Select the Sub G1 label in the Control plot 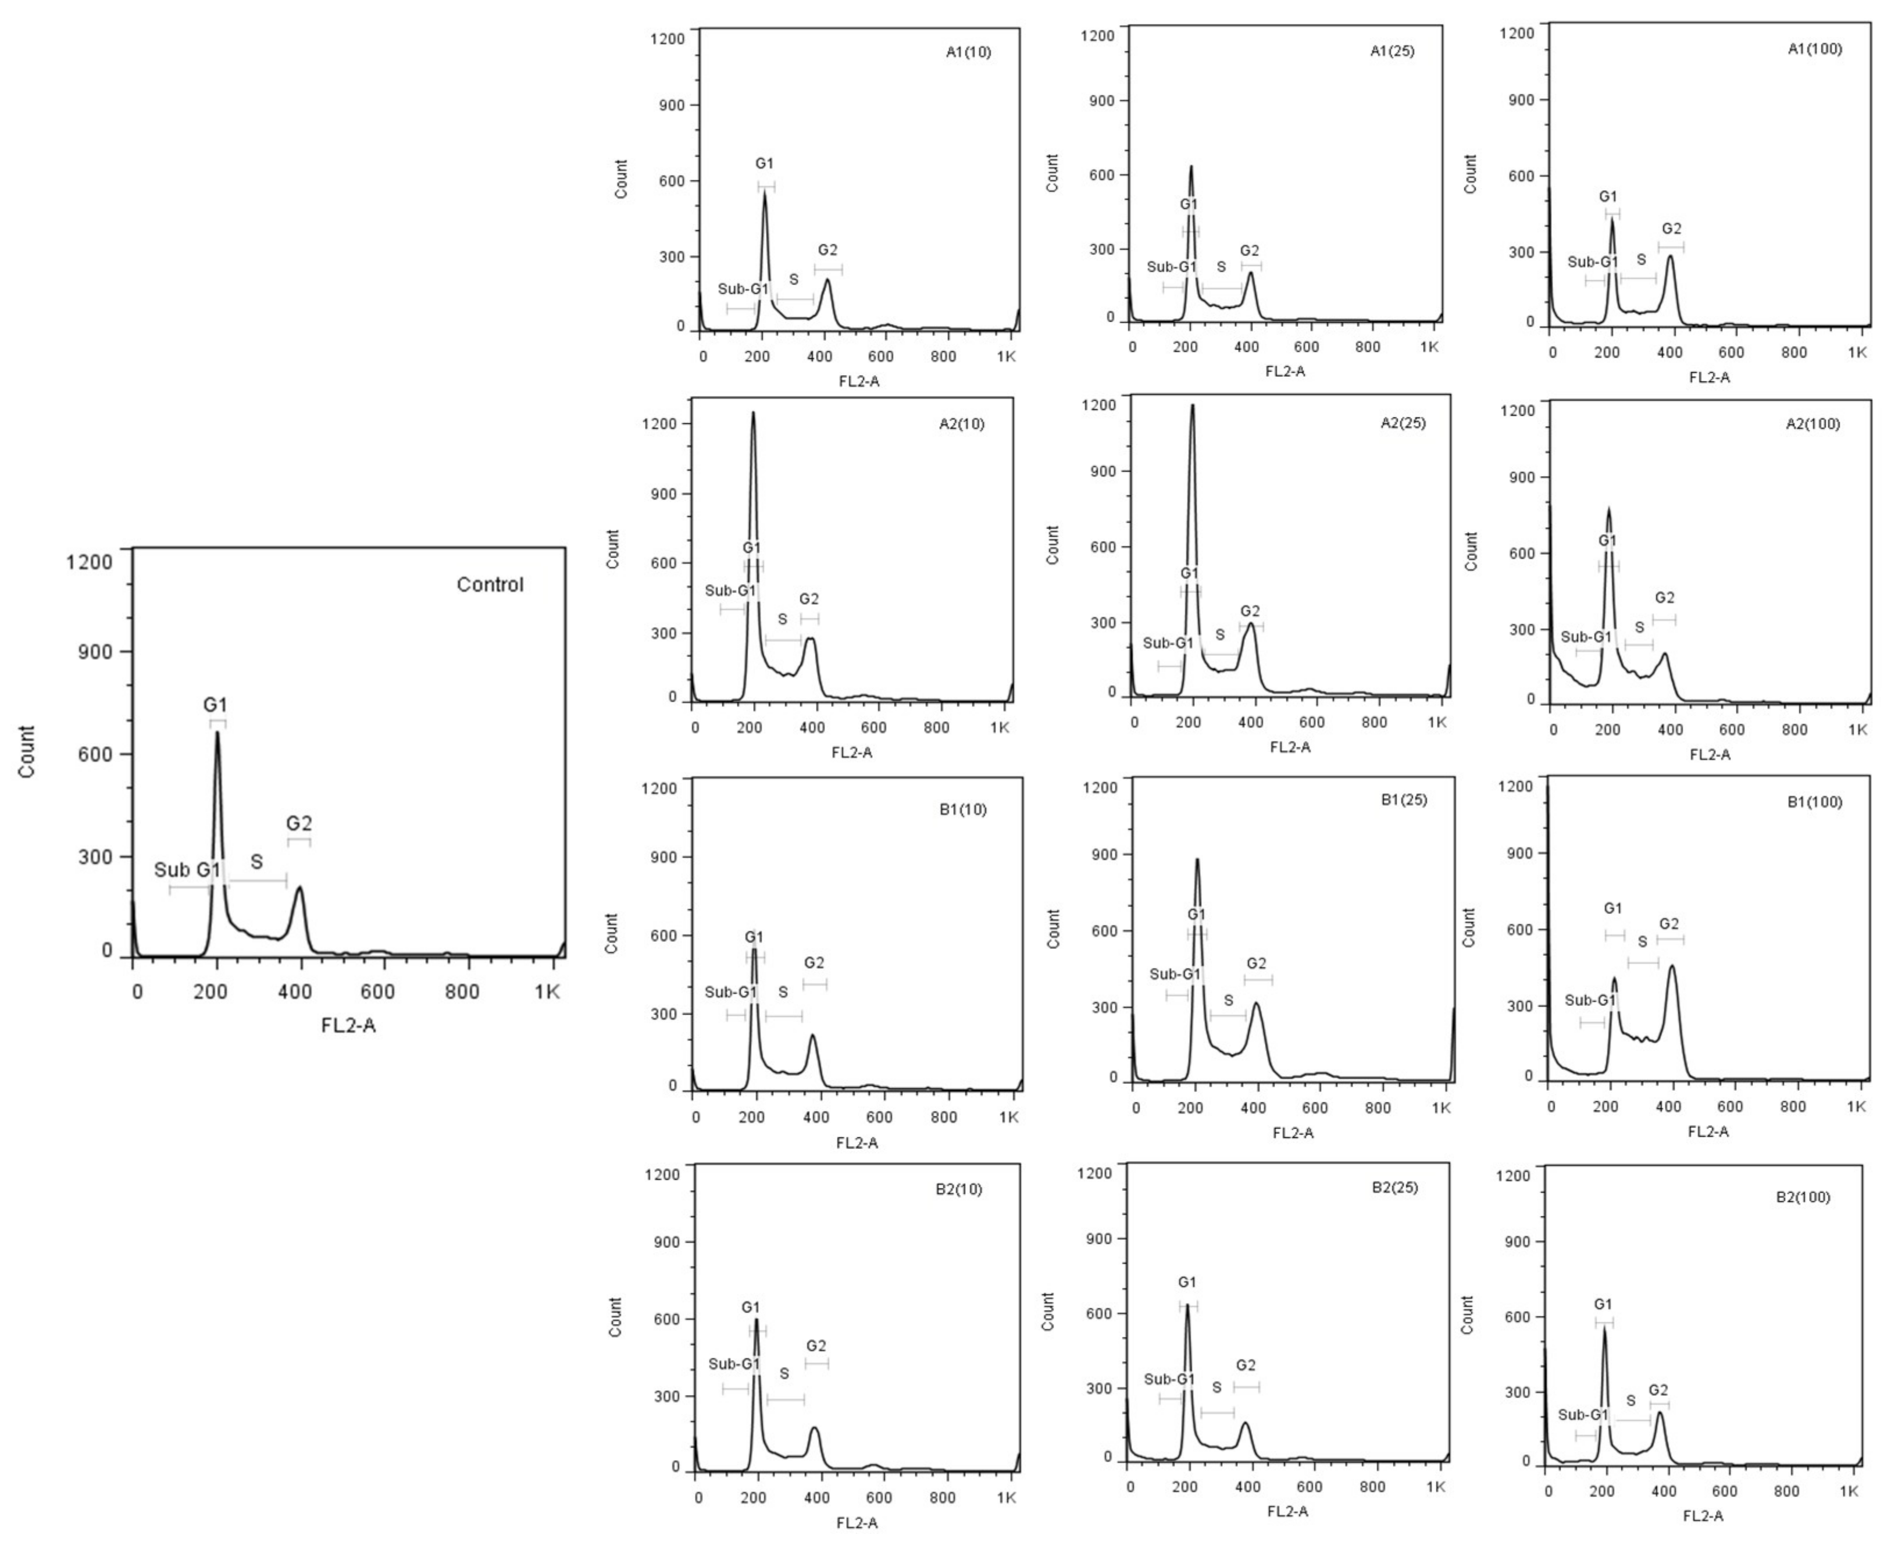pyautogui.click(x=187, y=870)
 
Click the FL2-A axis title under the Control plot pyautogui.click(x=348, y=1025)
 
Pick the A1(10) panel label pyautogui.click(x=968, y=52)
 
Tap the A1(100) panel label pyautogui.click(x=1814, y=49)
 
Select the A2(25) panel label pyautogui.click(x=1403, y=423)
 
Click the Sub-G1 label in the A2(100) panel pyautogui.click(x=1586, y=637)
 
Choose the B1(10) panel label pyautogui.click(x=963, y=809)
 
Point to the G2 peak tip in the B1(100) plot pyautogui.click(x=1671, y=965)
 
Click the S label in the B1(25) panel pyautogui.click(x=1228, y=1000)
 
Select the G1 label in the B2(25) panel pyautogui.click(x=1187, y=1282)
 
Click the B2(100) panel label pyautogui.click(x=1803, y=1197)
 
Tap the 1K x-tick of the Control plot pyautogui.click(x=547, y=991)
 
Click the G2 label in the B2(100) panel pyautogui.click(x=1658, y=1390)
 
